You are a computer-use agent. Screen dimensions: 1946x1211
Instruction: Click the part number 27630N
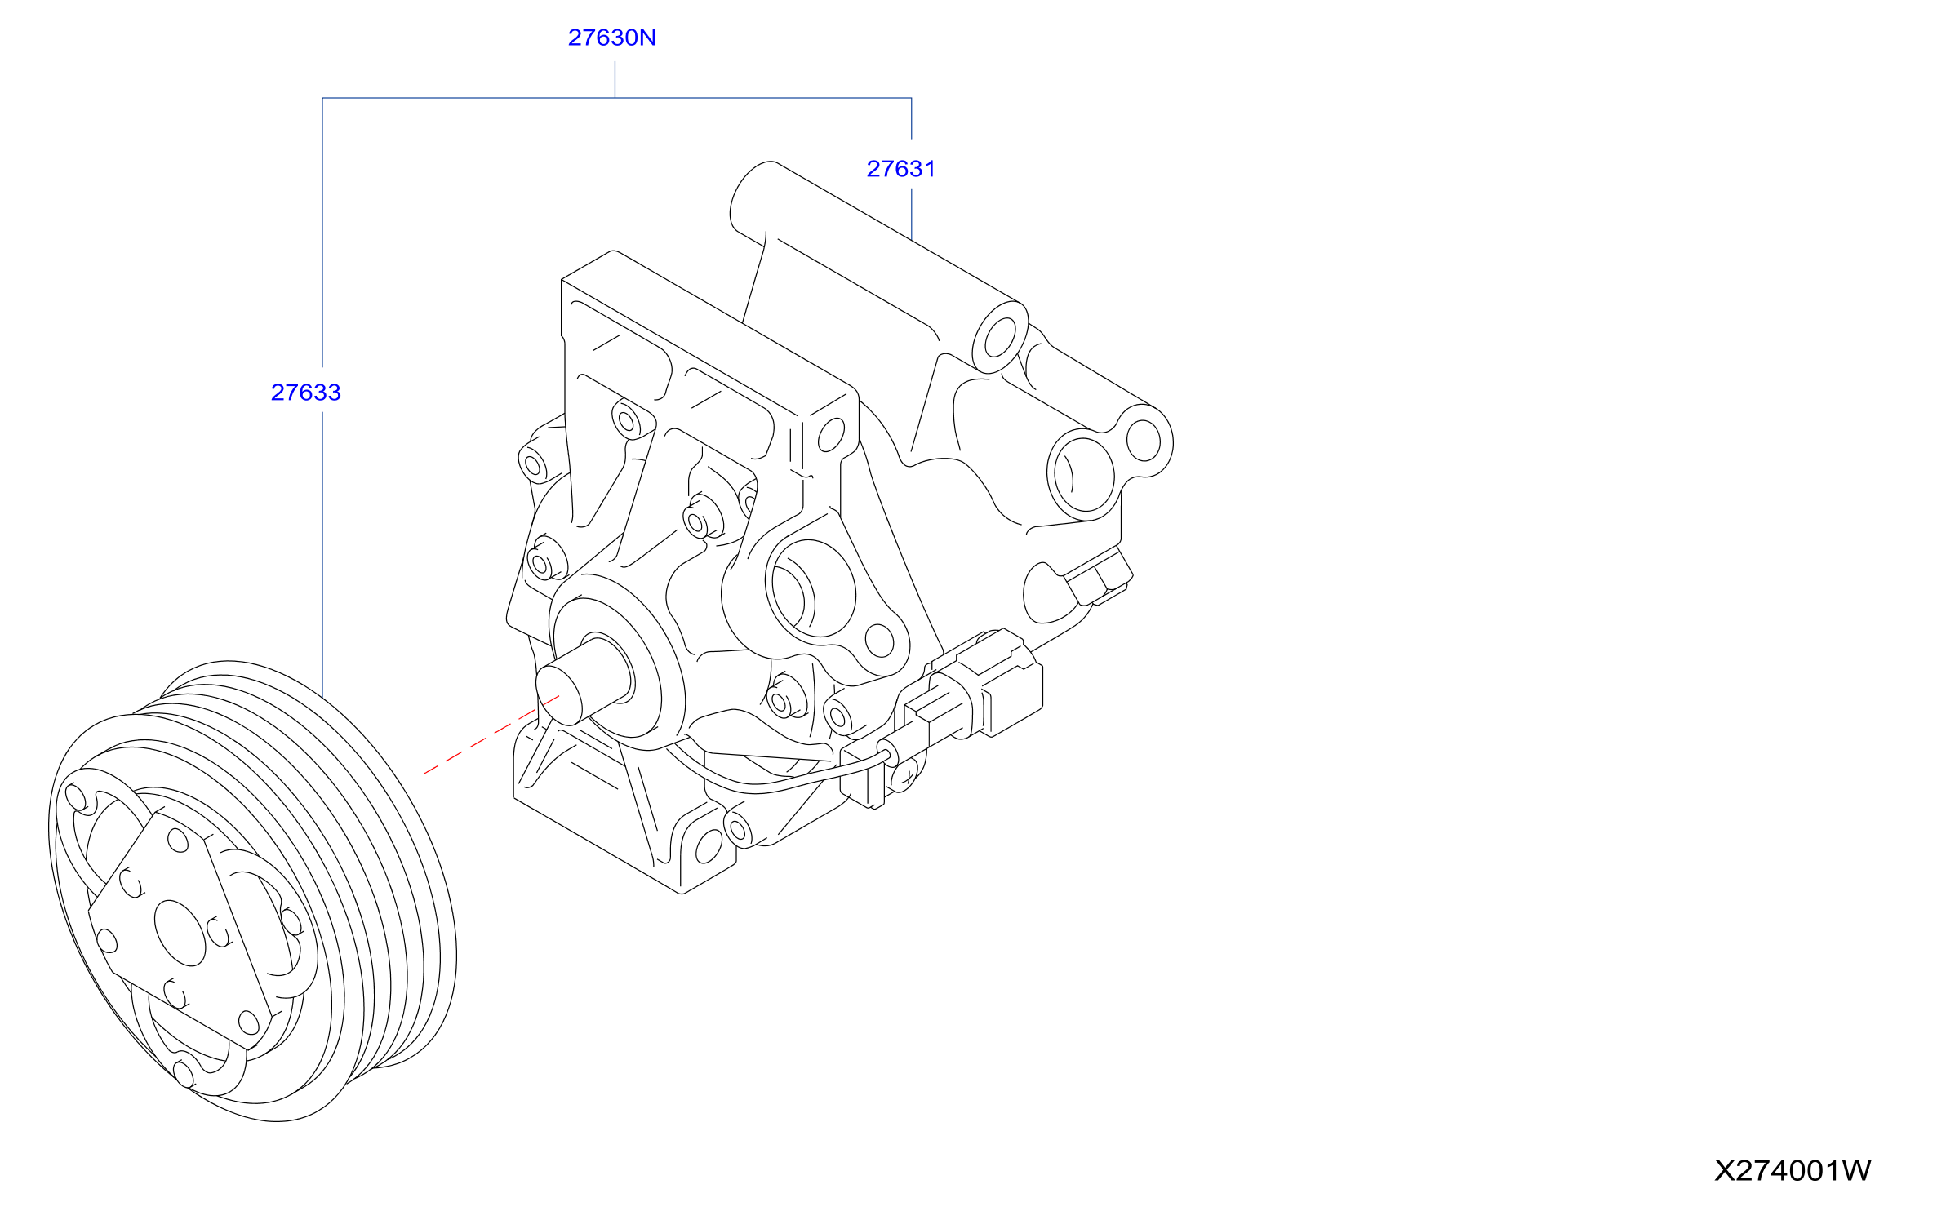[x=611, y=38]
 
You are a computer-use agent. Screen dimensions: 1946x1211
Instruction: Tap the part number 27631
[x=900, y=169]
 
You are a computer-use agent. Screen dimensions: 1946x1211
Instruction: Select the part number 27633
[x=305, y=393]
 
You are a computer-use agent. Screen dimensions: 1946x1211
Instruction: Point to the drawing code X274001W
[x=1793, y=1170]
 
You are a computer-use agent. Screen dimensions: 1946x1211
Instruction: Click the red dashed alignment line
[x=491, y=734]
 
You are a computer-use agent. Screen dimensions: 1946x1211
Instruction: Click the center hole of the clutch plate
[x=180, y=934]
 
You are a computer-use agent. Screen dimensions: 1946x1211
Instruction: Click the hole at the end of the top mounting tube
[x=1000, y=338]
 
